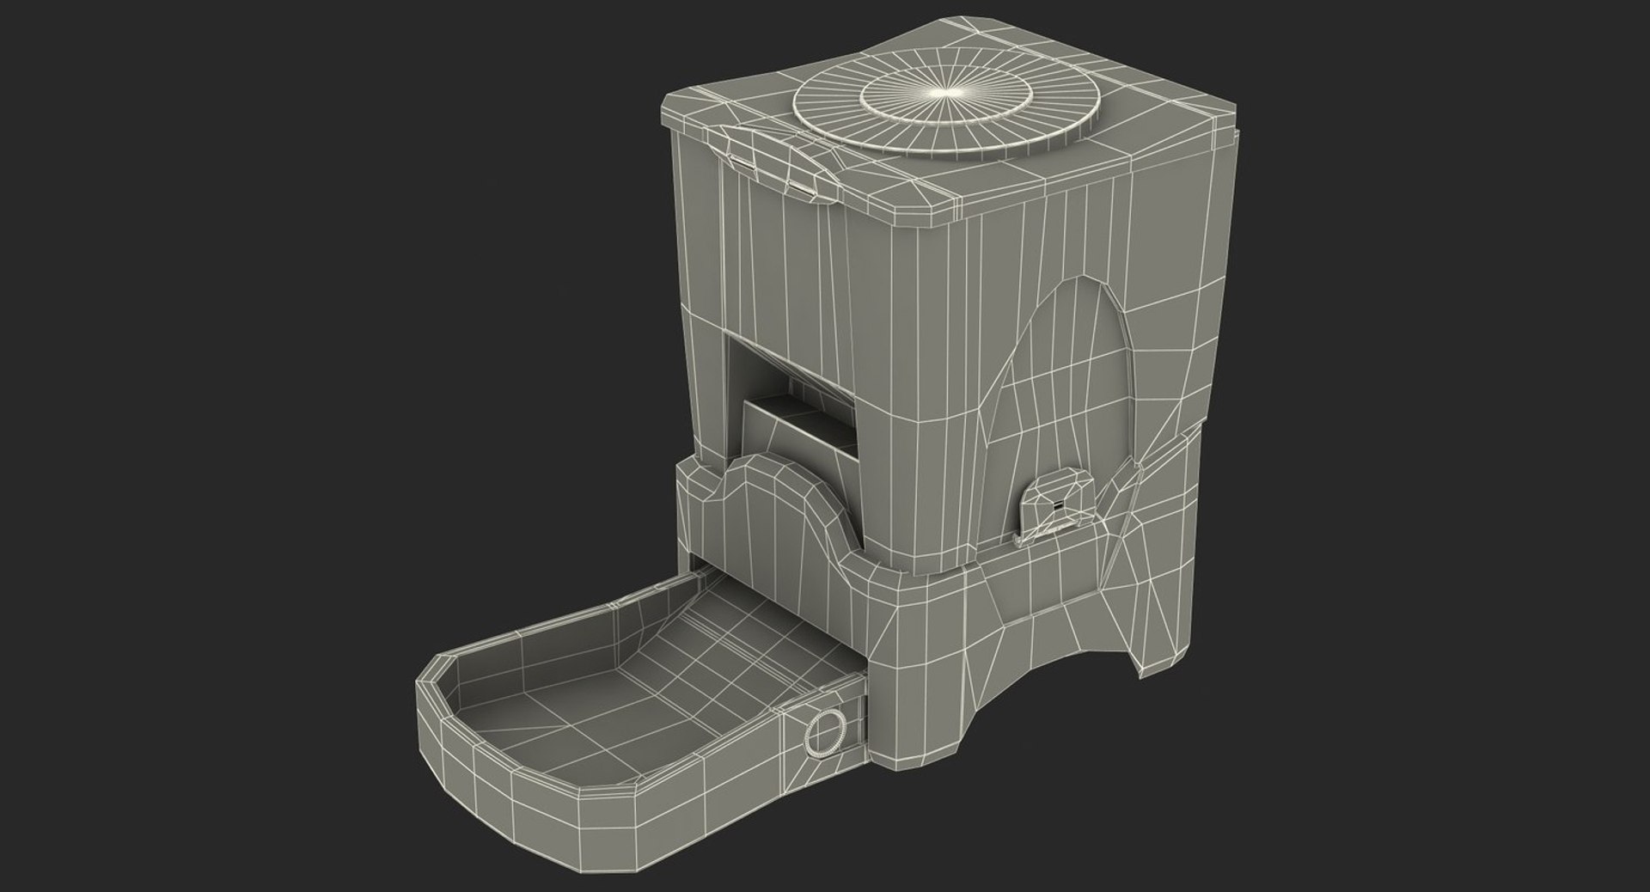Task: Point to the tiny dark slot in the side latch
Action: tap(1058, 504)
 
